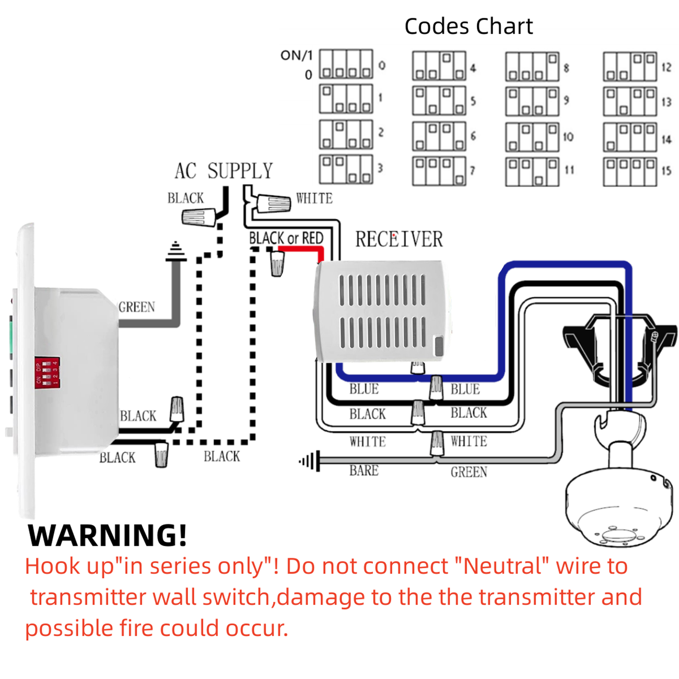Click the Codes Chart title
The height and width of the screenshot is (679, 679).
(x=469, y=26)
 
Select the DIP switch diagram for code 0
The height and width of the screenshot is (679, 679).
(x=346, y=65)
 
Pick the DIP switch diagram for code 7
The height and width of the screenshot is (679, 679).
(x=439, y=171)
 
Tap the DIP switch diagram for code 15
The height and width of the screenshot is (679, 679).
(x=630, y=171)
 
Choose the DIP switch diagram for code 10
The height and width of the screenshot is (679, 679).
(x=532, y=137)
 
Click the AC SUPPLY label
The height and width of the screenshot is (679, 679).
(x=224, y=171)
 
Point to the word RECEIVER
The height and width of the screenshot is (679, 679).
(x=399, y=239)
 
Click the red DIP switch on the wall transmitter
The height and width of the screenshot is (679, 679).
(x=48, y=372)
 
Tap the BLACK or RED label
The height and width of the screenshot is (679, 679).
(x=286, y=238)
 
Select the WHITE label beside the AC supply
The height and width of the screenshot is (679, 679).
(x=314, y=198)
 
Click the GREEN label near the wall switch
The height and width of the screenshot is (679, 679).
(x=137, y=307)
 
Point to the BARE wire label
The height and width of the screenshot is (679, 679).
(x=364, y=471)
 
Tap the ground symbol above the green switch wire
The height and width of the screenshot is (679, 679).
(x=175, y=252)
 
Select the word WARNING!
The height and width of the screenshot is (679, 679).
(x=107, y=535)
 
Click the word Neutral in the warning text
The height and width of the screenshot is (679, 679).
(x=506, y=566)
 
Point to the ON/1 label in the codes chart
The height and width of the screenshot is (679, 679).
(x=296, y=55)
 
